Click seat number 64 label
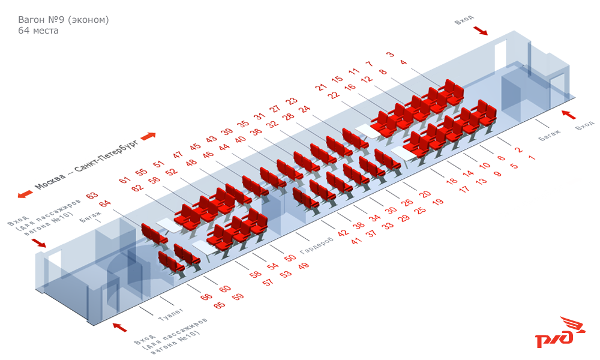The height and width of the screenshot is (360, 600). click(x=105, y=203)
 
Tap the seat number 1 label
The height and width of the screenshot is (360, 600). click(x=532, y=158)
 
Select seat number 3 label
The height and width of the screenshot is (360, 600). click(x=390, y=54)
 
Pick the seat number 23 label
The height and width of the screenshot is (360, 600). click(x=292, y=101)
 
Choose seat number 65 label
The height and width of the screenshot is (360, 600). click(x=219, y=305)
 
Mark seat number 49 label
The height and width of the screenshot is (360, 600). click(x=304, y=266)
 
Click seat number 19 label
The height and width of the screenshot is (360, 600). click(x=438, y=202)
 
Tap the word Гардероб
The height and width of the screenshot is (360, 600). click(x=317, y=245)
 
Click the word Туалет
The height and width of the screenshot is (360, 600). click(x=170, y=314)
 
